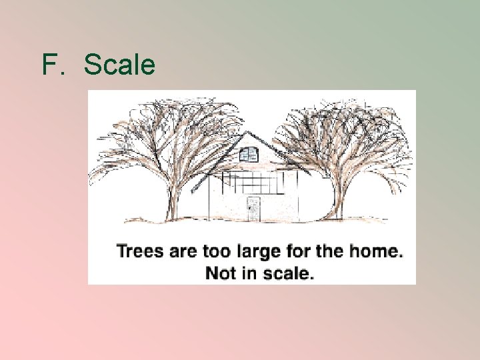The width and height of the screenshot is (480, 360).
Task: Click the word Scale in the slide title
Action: click(x=120, y=65)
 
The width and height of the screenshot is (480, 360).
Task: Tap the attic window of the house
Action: click(x=249, y=155)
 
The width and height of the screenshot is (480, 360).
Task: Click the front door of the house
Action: click(x=253, y=209)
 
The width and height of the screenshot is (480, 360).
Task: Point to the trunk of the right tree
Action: click(x=337, y=200)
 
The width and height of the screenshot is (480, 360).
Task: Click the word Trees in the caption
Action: click(x=139, y=252)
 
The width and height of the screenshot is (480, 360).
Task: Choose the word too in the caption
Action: click(x=212, y=252)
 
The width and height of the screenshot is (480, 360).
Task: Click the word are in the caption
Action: click(x=179, y=252)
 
